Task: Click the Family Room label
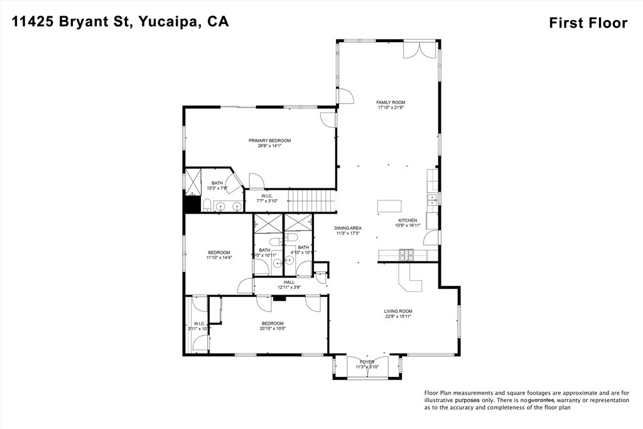pos(391,104)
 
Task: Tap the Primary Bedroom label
pos(269,143)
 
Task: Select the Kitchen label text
pos(408,223)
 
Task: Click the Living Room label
pos(398,313)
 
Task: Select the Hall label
pos(289,285)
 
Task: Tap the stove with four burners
pos(405,254)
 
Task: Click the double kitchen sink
pos(432,200)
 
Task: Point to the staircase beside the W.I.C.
pos(312,202)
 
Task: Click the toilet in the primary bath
pos(206,204)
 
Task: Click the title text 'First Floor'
pos(588,23)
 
